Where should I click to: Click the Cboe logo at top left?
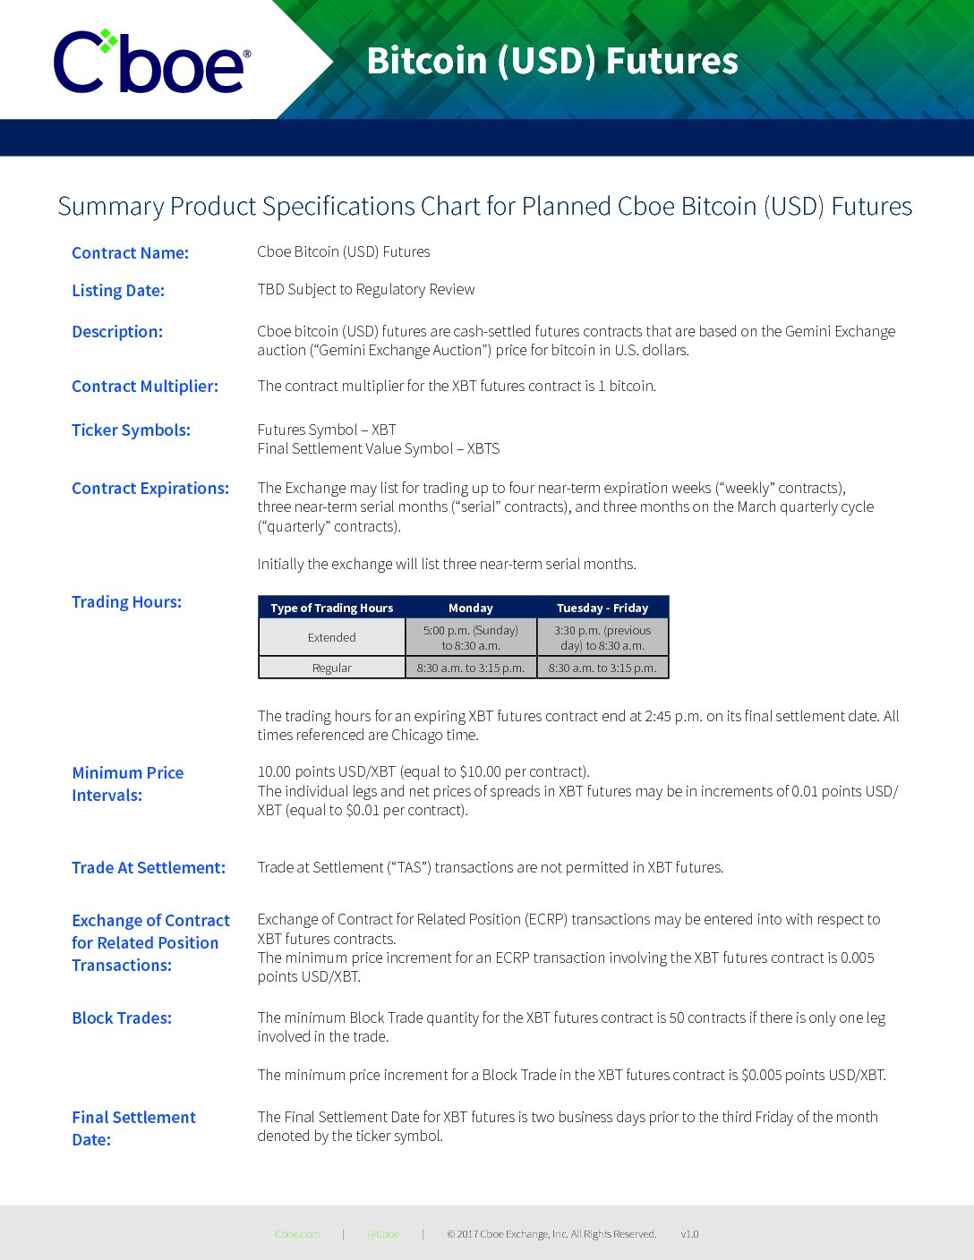click(150, 61)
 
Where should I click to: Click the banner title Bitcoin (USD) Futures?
click(552, 61)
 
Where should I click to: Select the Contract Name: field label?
click(130, 253)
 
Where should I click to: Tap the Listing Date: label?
click(118, 291)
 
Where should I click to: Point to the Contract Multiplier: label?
click(145, 387)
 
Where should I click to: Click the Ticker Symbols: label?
click(131, 430)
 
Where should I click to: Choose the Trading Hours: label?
click(126, 602)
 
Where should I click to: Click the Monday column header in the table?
click(471, 608)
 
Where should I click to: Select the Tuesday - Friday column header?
click(602, 608)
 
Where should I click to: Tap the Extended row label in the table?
click(332, 637)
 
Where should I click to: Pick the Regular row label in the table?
click(332, 668)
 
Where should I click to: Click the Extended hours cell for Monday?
click(471, 637)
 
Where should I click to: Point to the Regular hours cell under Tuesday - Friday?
click(602, 668)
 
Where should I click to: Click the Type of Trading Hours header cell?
click(332, 608)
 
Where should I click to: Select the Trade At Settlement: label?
click(149, 868)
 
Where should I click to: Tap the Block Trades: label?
click(122, 1018)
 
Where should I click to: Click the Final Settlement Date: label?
click(133, 1128)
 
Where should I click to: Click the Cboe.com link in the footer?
click(297, 1234)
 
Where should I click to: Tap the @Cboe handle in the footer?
click(383, 1234)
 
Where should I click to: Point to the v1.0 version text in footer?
click(689, 1234)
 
